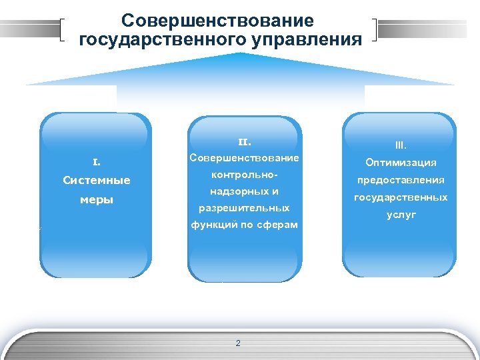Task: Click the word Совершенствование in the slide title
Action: (217, 21)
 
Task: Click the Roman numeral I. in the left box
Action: (96, 161)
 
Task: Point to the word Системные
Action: (96, 181)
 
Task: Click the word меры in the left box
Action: (96, 200)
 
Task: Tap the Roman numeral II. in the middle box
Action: (244, 141)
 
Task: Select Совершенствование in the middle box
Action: (244, 159)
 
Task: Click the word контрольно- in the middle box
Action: (244, 175)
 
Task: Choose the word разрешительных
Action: (244, 209)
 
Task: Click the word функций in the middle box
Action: (211, 225)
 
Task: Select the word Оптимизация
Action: (400, 163)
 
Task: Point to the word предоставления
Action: (400, 180)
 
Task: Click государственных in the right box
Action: (400, 197)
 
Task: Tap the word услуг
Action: (400, 215)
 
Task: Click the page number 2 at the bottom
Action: (238, 343)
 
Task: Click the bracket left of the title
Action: (62, 31)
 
